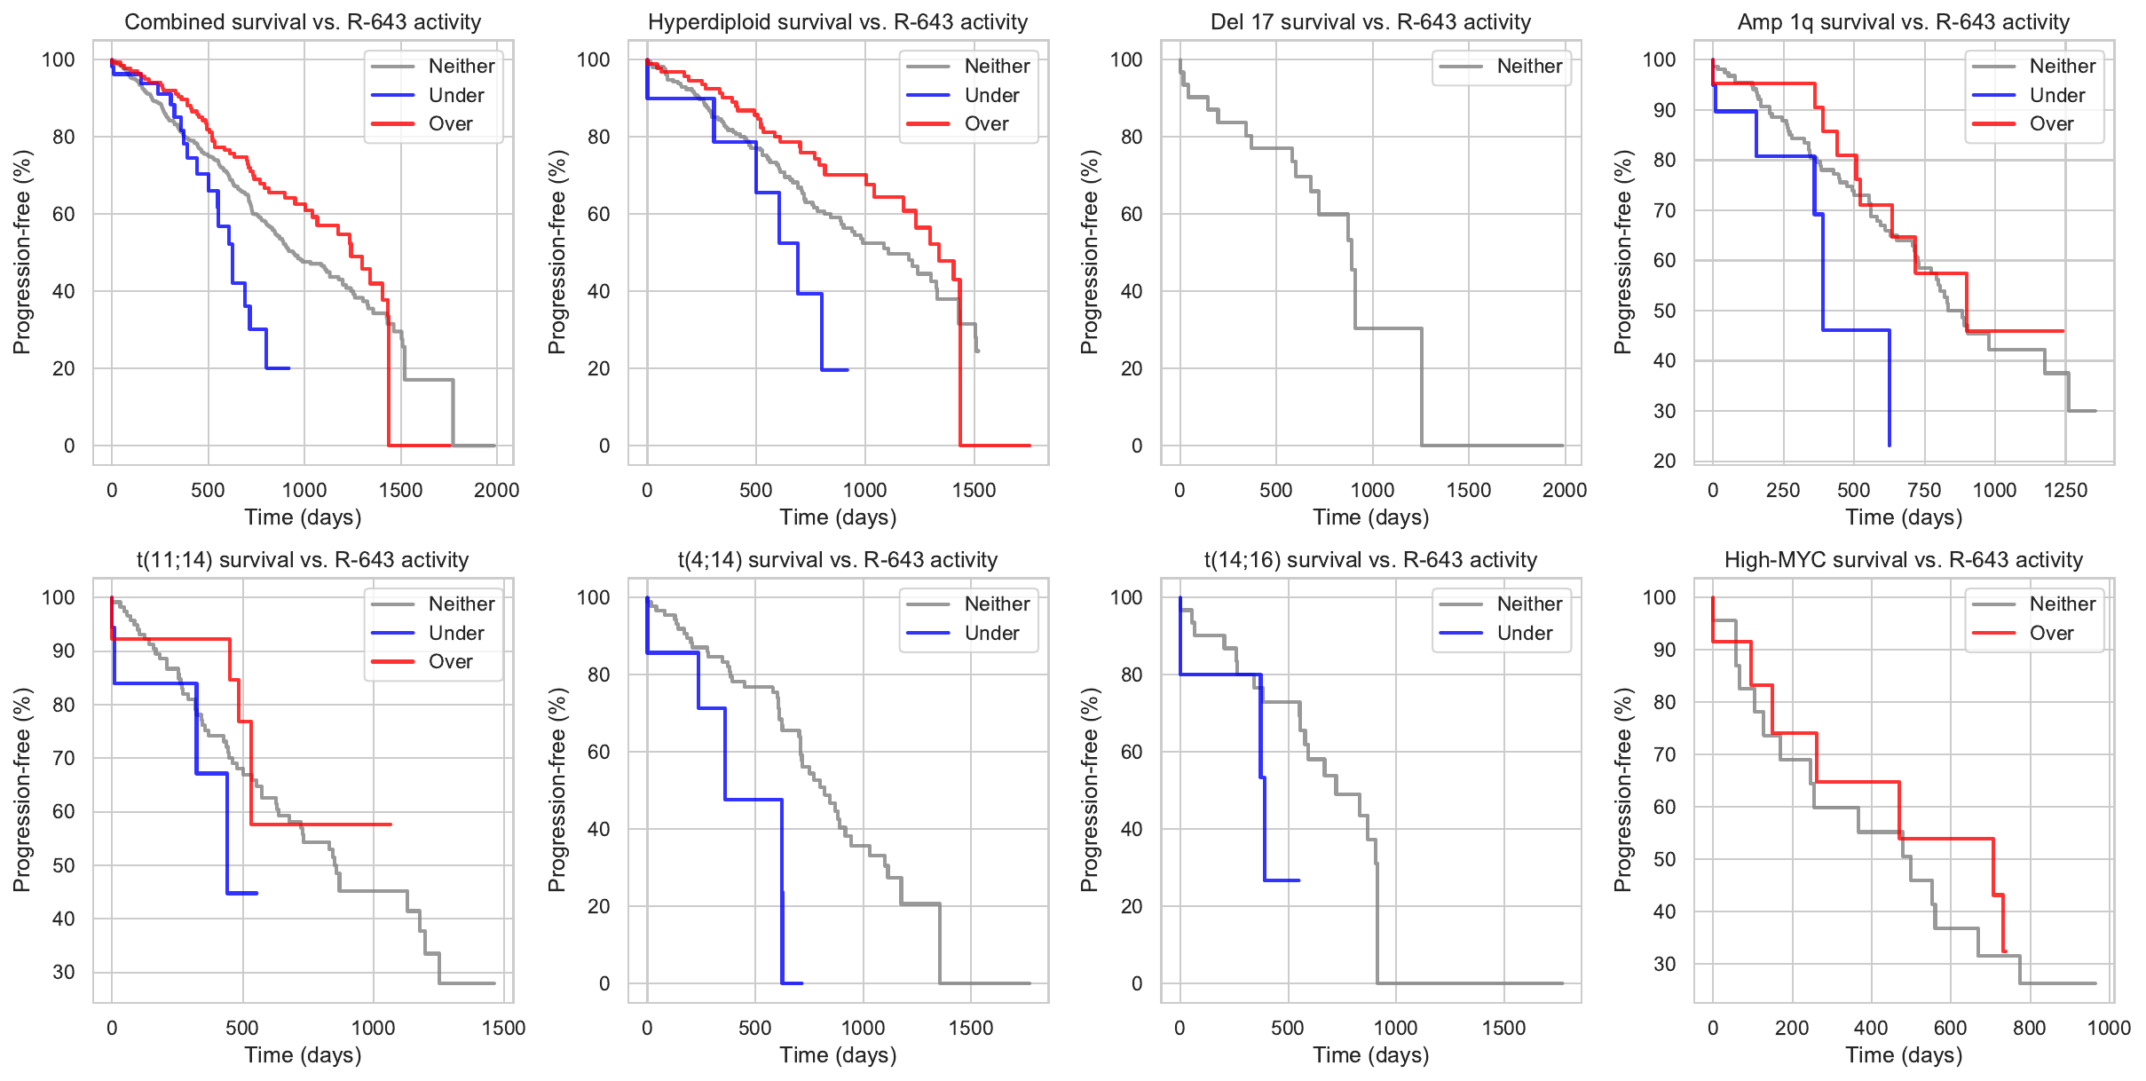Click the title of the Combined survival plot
[303, 22]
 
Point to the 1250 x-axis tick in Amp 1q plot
[2064, 491]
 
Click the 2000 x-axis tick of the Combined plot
[496, 491]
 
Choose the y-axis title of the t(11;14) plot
[22, 790]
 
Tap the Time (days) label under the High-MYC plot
[1904, 1055]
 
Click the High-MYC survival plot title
[1904, 560]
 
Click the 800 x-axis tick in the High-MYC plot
[2029, 1029]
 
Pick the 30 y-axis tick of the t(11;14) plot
[64, 973]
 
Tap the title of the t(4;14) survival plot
[838, 560]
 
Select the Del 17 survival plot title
[1370, 22]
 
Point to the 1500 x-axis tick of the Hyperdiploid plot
[974, 491]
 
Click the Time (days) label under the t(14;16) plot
[1370, 1055]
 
